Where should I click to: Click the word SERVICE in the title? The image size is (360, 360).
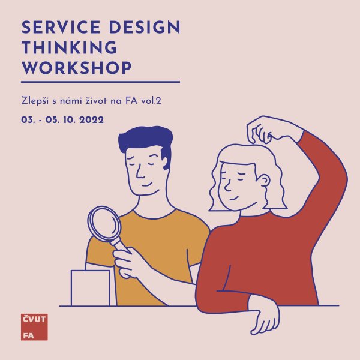61,28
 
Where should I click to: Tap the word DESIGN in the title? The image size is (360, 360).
145,28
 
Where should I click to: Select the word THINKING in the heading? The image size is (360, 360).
70,47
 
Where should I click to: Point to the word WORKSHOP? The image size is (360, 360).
77,68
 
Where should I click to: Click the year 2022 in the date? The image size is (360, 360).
91,120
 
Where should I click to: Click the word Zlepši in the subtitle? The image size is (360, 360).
35,101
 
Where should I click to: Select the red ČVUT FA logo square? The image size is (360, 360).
34,327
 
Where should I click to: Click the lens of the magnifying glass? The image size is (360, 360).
104,223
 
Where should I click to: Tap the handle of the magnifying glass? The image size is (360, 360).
121,246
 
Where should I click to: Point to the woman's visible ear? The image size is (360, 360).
265,181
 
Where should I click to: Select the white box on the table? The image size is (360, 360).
91,288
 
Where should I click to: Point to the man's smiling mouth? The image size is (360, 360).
148,185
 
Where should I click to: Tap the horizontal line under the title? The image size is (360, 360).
101,82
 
